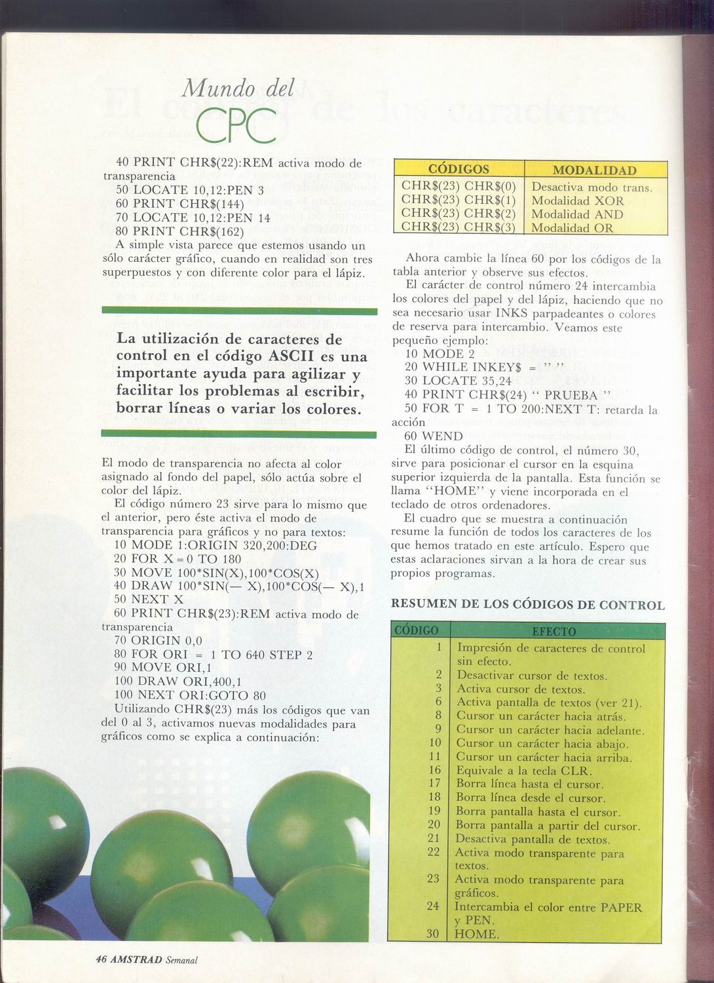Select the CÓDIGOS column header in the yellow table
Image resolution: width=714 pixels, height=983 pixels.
[458, 169]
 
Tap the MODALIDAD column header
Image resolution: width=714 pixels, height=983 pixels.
[595, 170]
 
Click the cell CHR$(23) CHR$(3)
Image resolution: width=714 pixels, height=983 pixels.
[459, 227]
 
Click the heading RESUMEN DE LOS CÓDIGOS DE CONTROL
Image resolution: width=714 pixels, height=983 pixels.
[527, 605]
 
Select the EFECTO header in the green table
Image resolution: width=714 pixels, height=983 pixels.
[554, 632]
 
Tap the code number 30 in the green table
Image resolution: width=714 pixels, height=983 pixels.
[432, 934]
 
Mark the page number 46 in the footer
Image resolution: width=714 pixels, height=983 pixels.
[101, 959]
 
